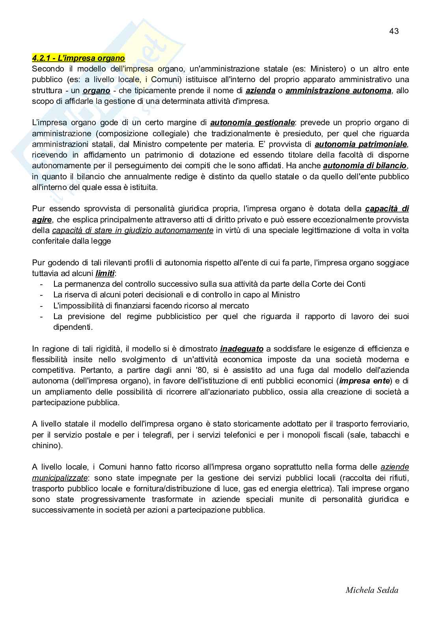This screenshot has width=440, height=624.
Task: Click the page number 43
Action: pyautogui.click(x=394, y=31)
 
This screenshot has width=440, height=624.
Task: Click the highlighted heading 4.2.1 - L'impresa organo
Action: pyautogui.click(x=78, y=58)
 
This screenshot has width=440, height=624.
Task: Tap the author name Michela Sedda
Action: pyautogui.click(x=372, y=590)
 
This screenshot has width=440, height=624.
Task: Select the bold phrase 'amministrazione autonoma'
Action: pyautogui.click(x=338, y=90)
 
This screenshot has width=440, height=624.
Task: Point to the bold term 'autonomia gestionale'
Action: pyautogui.click(x=252, y=122)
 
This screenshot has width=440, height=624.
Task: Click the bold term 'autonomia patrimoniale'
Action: pyautogui.click(x=361, y=144)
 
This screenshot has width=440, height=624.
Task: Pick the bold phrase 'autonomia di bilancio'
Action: pyautogui.click(x=365, y=165)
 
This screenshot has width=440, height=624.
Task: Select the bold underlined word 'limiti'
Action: pyautogui.click(x=105, y=273)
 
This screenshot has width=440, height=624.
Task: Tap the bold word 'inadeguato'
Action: pyautogui.click(x=242, y=349)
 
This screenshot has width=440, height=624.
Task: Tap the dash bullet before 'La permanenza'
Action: pyautogui.click(x=41, y=284)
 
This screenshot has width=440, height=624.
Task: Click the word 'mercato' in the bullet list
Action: pyautogui.click(x=235, y=306)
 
